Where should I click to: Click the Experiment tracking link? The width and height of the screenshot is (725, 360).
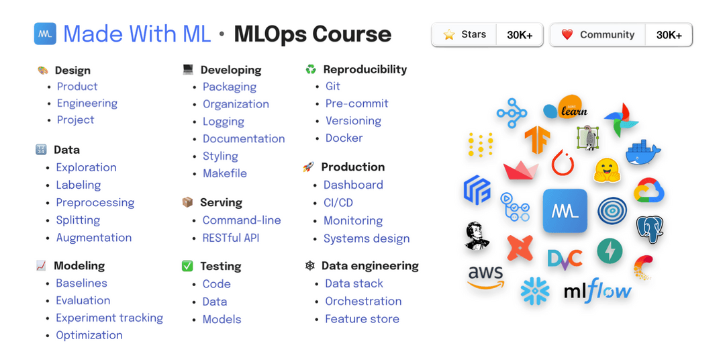(x=109, y=318)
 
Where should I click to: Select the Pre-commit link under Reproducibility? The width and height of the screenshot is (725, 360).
(x=357, y=103)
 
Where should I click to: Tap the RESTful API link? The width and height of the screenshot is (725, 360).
(x=231, y=238)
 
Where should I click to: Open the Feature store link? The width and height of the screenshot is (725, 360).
(x=362, y=319)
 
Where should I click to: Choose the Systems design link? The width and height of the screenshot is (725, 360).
(x=367, y=238)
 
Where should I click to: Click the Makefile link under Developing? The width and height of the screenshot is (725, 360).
(x=225, y=173)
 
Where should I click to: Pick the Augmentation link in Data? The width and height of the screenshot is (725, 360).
(x=94, y=238)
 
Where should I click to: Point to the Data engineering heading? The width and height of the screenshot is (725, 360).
(x=370, y=266)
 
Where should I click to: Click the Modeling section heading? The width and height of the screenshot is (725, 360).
(x=79, y=266)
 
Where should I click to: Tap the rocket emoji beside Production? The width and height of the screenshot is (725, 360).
(x=308, y=167)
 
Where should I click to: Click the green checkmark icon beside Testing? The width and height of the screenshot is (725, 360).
(x=187, y=266)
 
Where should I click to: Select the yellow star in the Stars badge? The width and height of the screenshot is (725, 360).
(x=449, y=35)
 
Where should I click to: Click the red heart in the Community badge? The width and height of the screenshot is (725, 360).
(x=567, y=34)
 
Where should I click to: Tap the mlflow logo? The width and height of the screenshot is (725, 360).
(x=597, y=290)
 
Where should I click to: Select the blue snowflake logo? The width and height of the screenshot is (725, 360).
(x=535, y=291)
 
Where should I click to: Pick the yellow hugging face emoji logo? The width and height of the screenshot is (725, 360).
(x=607, y=170)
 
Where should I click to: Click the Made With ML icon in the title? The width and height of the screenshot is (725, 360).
(x=46, y=34)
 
